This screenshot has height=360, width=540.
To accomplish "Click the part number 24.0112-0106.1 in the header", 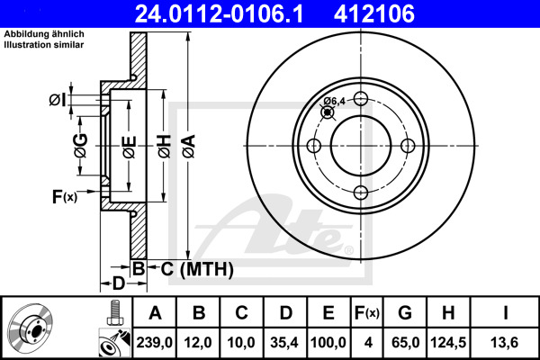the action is click(219, 14).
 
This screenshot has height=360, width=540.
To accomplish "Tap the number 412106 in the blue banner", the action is click(374, 14).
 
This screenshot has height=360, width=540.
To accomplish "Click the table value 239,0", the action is click(154, 343).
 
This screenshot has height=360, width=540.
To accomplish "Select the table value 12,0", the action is click(198, 343).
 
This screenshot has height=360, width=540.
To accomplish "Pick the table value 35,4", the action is click(284, 343).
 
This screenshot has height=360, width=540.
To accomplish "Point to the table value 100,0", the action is click(328, 343).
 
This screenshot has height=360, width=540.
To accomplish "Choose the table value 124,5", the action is click(448, 343).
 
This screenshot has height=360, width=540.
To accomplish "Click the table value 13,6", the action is click(505, 343).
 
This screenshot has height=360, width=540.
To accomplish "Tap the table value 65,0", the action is click(405, 343).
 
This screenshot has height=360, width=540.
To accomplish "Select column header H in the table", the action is click(448, 313).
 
